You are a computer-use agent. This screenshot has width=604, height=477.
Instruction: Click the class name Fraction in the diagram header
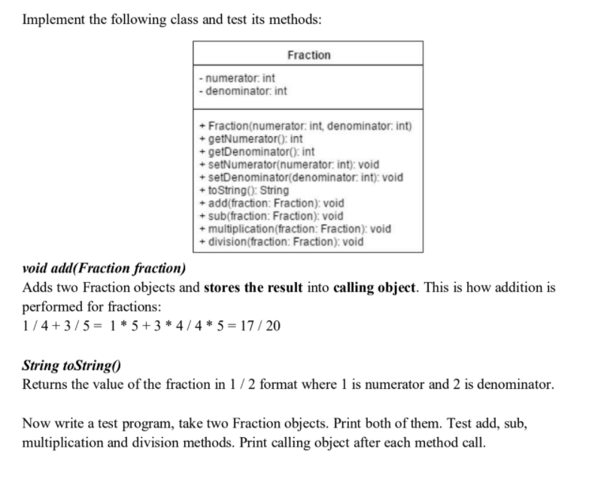click(x=308, y=55)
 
